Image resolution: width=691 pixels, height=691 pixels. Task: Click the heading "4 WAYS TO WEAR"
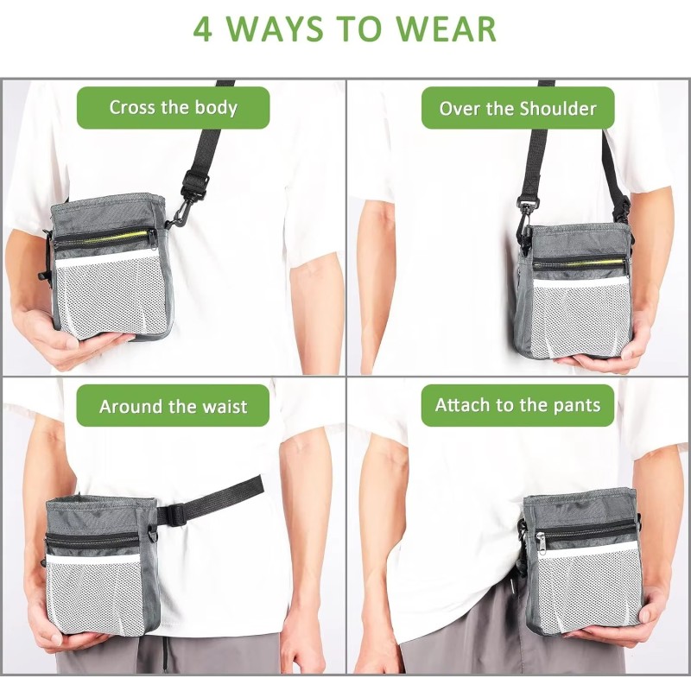(x=345, y=29)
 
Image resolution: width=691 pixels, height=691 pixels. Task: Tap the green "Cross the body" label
(x=173, y=108)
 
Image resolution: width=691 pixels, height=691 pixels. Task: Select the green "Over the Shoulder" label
(x=517, y=108)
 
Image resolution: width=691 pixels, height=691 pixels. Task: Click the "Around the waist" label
(x=173, y=406)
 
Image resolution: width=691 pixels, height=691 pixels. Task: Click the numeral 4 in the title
(x=202, y=29)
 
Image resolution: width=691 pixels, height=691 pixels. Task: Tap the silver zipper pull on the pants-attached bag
(x=540, y=541)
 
